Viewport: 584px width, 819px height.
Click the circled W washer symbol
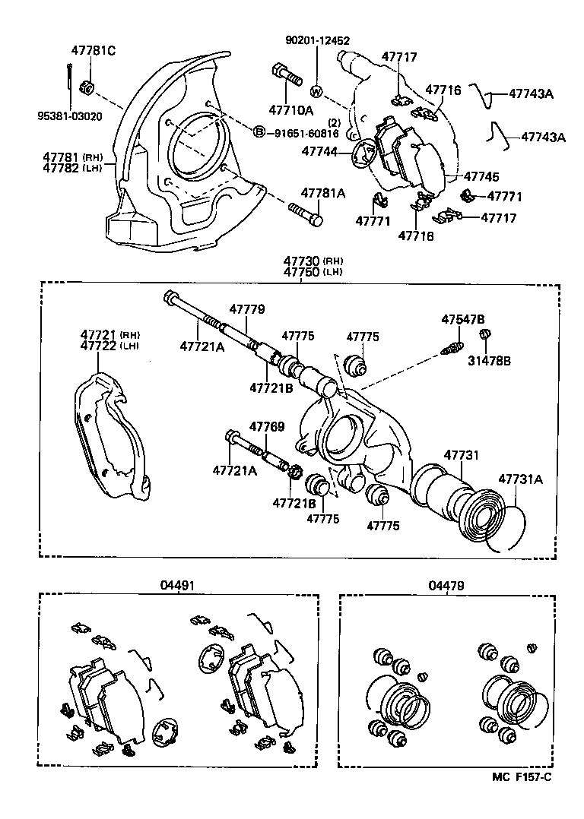[x=317, y=92]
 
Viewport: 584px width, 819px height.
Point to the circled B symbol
[x=259, y=133]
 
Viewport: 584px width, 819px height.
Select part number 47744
[x=320, y=151]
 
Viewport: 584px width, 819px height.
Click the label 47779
[x=247, y=309]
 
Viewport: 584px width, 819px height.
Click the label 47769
[x=267, y=427]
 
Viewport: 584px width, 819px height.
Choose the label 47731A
[x=521, y=479]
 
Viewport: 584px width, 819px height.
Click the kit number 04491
[x=178, y=586]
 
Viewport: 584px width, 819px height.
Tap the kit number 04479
[x=446, y=586]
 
